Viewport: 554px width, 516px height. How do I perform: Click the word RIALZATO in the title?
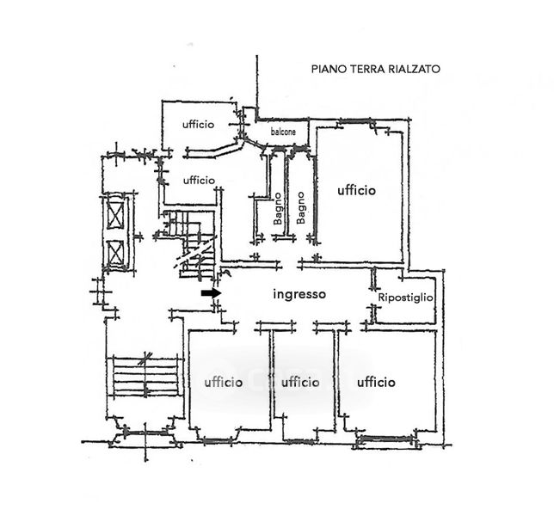tap(414, 69)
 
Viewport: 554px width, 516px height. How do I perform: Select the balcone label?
tap(283, 132)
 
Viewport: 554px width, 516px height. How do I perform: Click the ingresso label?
tap(299, 294)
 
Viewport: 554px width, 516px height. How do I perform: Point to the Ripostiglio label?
tap(405, 298)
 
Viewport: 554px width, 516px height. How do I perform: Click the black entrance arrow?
tap(212, 292)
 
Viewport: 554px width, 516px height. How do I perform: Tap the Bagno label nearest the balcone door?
tap(278, 209)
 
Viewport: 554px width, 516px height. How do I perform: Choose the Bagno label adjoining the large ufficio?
tap(301, 208)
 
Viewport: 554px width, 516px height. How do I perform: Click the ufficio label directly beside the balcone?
tap(198, 125)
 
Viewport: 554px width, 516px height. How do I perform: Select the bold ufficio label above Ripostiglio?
tap(356, 190)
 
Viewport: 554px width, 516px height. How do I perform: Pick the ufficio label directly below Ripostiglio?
tap(376, 382)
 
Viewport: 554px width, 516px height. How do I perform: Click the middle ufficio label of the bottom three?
tap(300, 382)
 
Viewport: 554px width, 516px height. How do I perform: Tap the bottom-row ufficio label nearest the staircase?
tap(224, 382)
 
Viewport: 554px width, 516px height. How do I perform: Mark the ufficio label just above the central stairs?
tap(199, 180)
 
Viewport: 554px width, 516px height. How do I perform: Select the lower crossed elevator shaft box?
tap(114, 254)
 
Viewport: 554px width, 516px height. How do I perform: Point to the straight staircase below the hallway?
tap(145, 377)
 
